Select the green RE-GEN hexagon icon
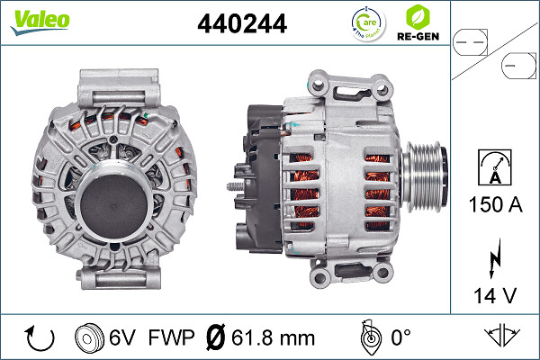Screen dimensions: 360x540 (418, 16)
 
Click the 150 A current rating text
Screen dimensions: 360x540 (496, 204)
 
